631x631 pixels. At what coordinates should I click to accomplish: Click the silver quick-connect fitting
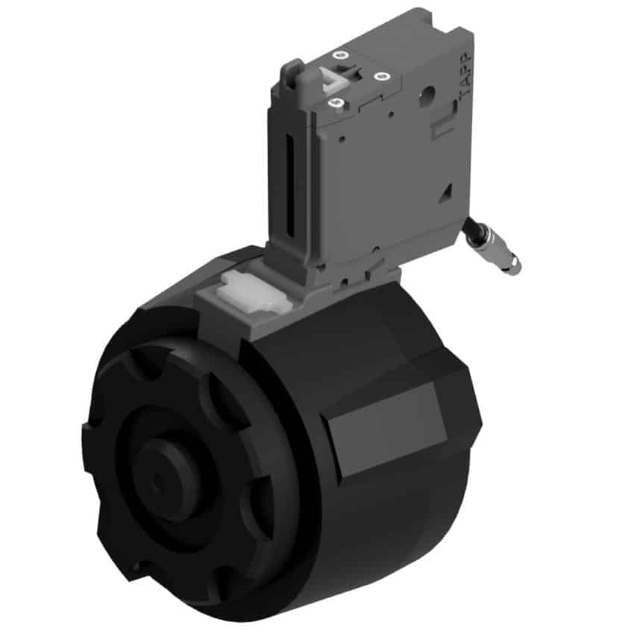tap(499, 251)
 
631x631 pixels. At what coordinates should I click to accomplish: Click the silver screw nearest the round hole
tap(380, 76)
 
